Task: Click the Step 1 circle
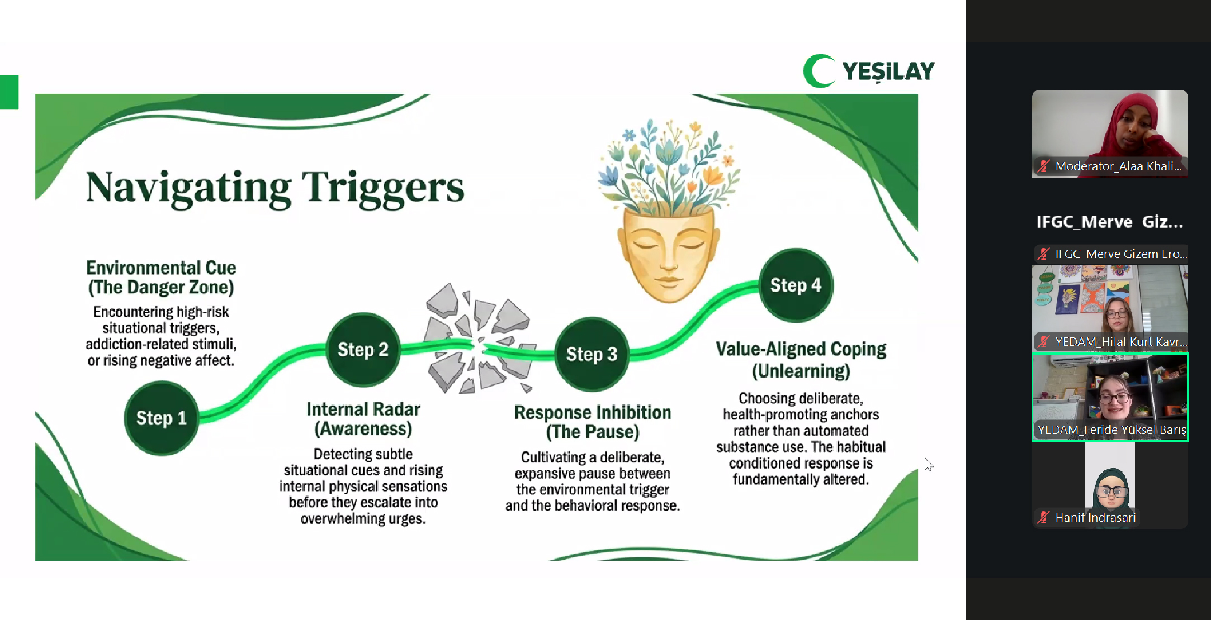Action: click(x=161, y=418)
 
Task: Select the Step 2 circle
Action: click(x=363, y=350)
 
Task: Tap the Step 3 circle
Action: click(x=592, y=354)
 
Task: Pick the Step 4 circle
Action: click(x=796, y=285)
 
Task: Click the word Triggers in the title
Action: click(x=383, y=188)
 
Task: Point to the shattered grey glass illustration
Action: click(x=476, y=340)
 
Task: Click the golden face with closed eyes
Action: click(x=668, y=254)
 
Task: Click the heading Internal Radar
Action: click(x=363, y=409)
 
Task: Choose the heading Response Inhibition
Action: click(x=593, y=413)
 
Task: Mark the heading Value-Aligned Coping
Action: click(x=801, y=349)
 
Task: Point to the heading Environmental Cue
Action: click(x=161, y=268)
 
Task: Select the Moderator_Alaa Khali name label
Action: click(x=1118, y=166)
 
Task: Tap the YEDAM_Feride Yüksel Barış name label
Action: click(x=1111, y=430)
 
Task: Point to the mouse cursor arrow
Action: click(x=928, y=464)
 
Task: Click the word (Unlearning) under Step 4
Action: click(x=801, y=371)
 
